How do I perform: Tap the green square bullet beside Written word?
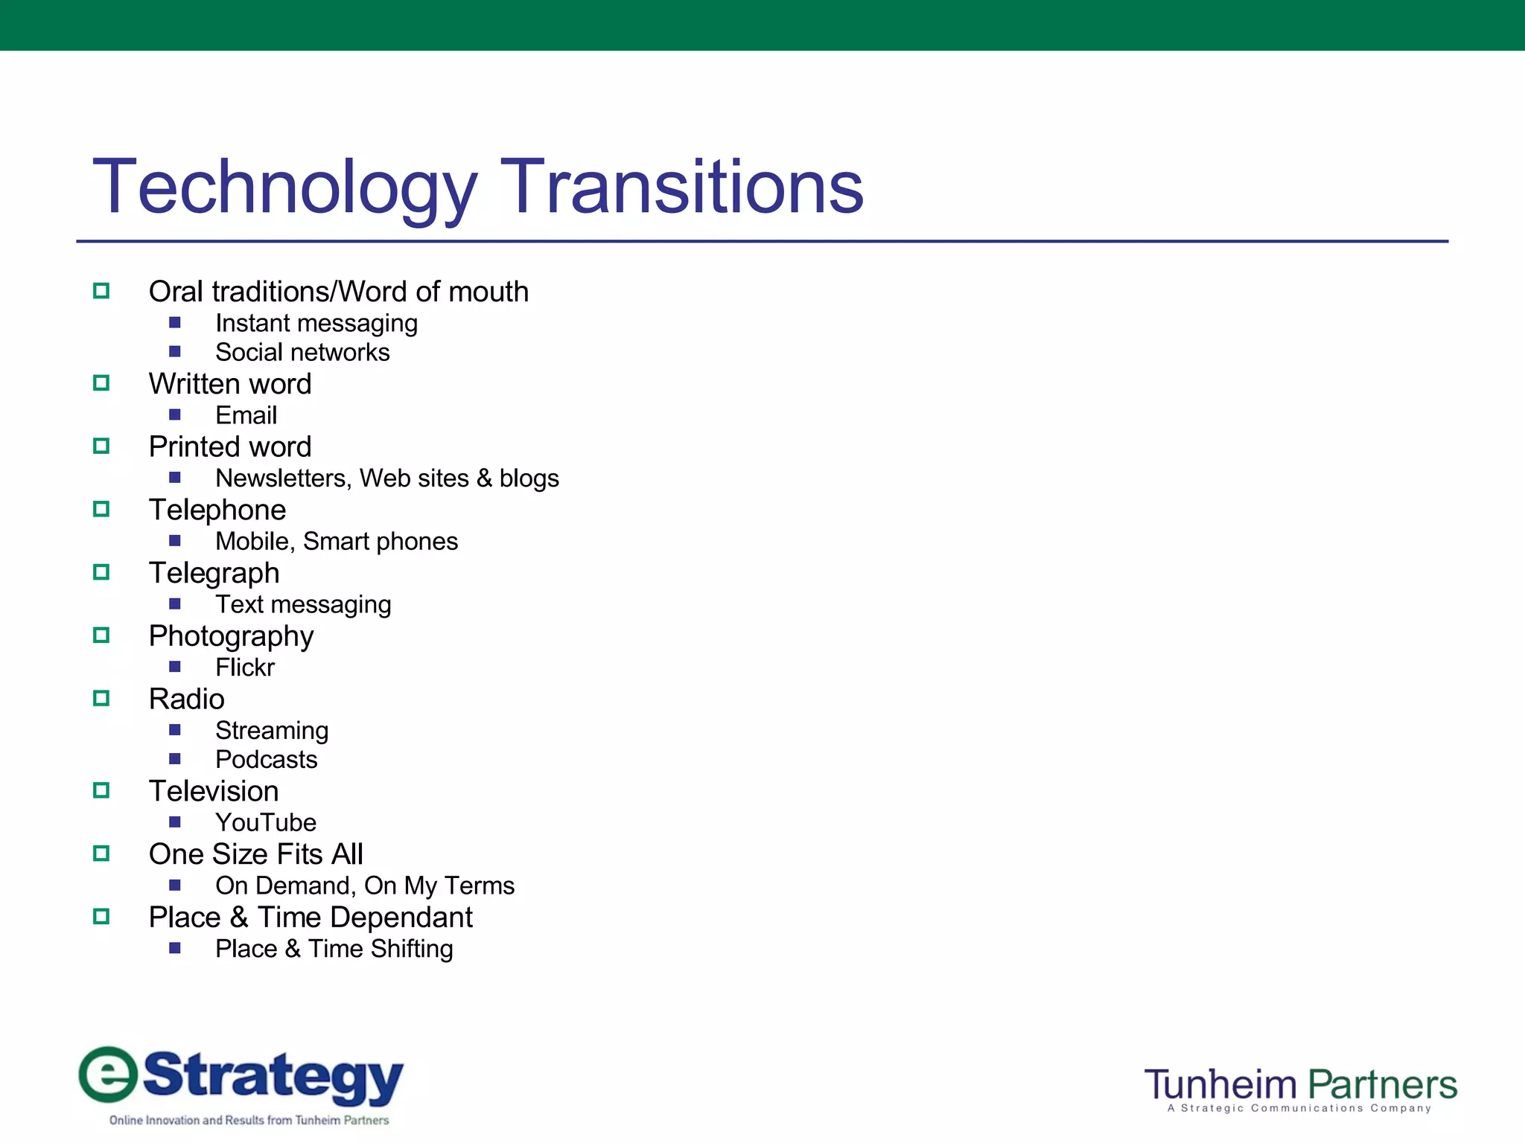point(101,383)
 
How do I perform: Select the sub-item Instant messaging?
point(316,324)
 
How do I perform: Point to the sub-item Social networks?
point(302,352)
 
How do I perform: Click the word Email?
point(246,415)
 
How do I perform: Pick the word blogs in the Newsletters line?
point(529,478)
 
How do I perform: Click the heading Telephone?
point(217,510)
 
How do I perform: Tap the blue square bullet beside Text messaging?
point(175,603)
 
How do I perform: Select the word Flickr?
point(244,667)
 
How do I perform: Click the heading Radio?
point(186,699)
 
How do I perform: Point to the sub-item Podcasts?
point(266,760)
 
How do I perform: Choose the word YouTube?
point(266,822)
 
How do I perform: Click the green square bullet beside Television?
point(101,790)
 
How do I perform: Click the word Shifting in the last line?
point(411,949)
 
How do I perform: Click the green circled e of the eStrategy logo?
point(109,1074)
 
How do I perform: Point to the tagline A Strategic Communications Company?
point(1299,1109)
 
